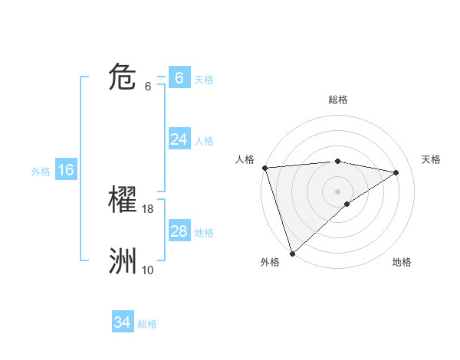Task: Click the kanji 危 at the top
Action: pyautogui.click(x=123, y=77)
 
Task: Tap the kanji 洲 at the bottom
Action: pyautogui.click(x=123, y=261)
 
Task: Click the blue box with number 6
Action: pyautogui.click(x=179, y=77)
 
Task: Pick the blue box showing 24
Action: pyautogui.click(x=179, y=139)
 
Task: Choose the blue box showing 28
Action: pyautogui.click(x=179, y=231)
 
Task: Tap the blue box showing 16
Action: pyautogui.click(x=65, y=170)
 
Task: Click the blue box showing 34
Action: pyautogui.click(x=122, y=322)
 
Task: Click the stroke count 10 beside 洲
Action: pyautogui.click(x=148, y=270)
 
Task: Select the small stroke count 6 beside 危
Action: pyautogui.click(x=148, y=87)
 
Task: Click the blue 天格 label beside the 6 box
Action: pyautogui.click(x=204, y=79)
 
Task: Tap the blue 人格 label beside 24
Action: pyautogui.click(x=204, y=141)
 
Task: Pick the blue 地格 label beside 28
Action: pyautogui.click(x=204, y=233)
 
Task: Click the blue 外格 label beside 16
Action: pyautogui.click(x=41, y=172)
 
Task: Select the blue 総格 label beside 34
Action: pyautogui.click(x=147, y=324)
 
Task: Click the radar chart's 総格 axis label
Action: pyautogui.click(x=338, y=100)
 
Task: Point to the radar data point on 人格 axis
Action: pyautogui.click(x=264, y=168)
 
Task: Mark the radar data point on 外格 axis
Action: pyautogui.click(x=292, y=253)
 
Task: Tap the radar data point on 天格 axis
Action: pyautogui.click(x=396, y=172)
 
